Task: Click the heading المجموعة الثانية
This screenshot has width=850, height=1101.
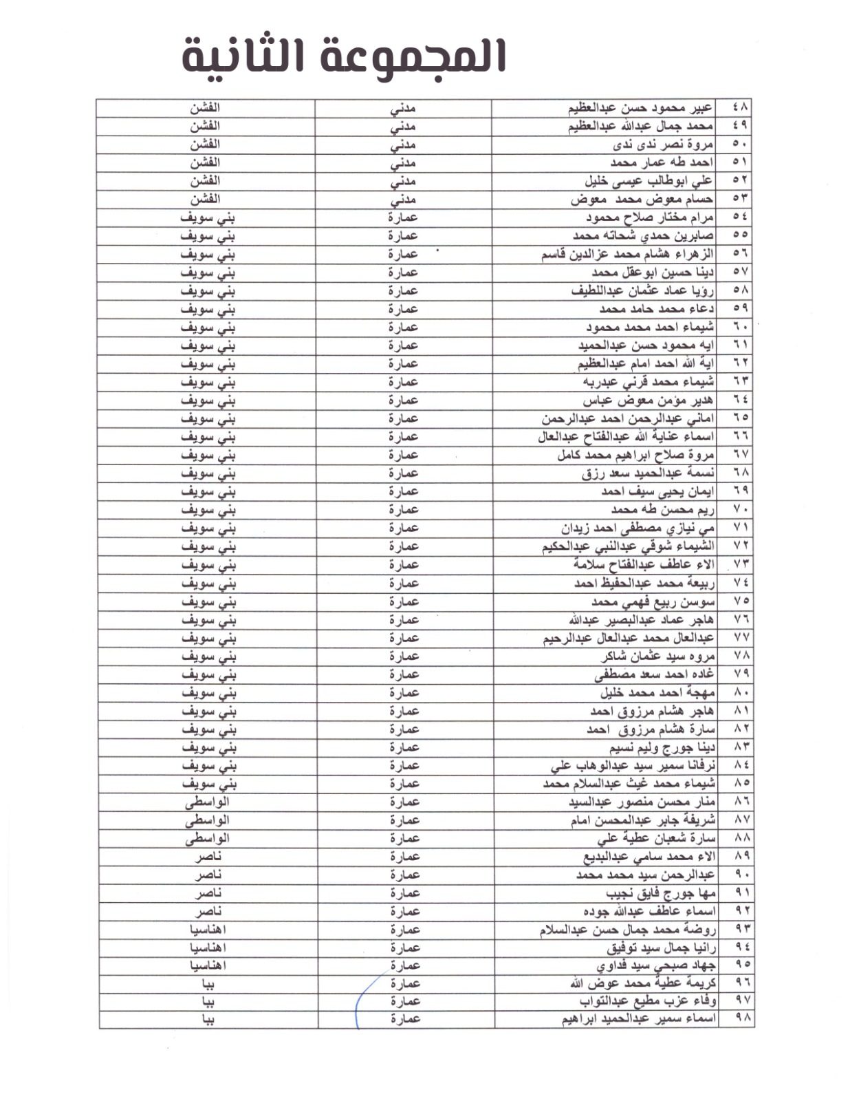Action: [x=344, y=56]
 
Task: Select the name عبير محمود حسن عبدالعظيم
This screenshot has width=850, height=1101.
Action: [x=640, y=108]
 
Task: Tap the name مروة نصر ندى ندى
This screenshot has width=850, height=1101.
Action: [x=663, y=145]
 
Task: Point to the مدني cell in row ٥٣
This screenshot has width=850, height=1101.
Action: [x=403, y=200]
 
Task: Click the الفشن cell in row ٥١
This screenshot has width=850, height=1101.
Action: [x=205, y=162]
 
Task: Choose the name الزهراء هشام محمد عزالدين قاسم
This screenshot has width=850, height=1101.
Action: [x=627, y=254]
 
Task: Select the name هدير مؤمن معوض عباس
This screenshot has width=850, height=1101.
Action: [x=648, y=400]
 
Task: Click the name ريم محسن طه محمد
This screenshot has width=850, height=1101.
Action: [x=662, y=509]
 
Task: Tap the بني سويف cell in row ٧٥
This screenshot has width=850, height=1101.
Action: [x=208, y=601]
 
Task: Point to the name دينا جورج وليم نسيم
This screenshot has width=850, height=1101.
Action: [x=662, y=747]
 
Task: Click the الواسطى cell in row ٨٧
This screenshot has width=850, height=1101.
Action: [x=207, y=820]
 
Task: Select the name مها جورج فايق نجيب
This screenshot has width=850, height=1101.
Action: [x=660, y=892]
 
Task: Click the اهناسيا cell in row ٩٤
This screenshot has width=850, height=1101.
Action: [x=208, y=947]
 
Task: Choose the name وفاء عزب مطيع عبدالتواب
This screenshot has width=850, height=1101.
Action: [x=647, y=1001]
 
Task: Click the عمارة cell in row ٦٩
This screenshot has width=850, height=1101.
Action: [x=403, y=491]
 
